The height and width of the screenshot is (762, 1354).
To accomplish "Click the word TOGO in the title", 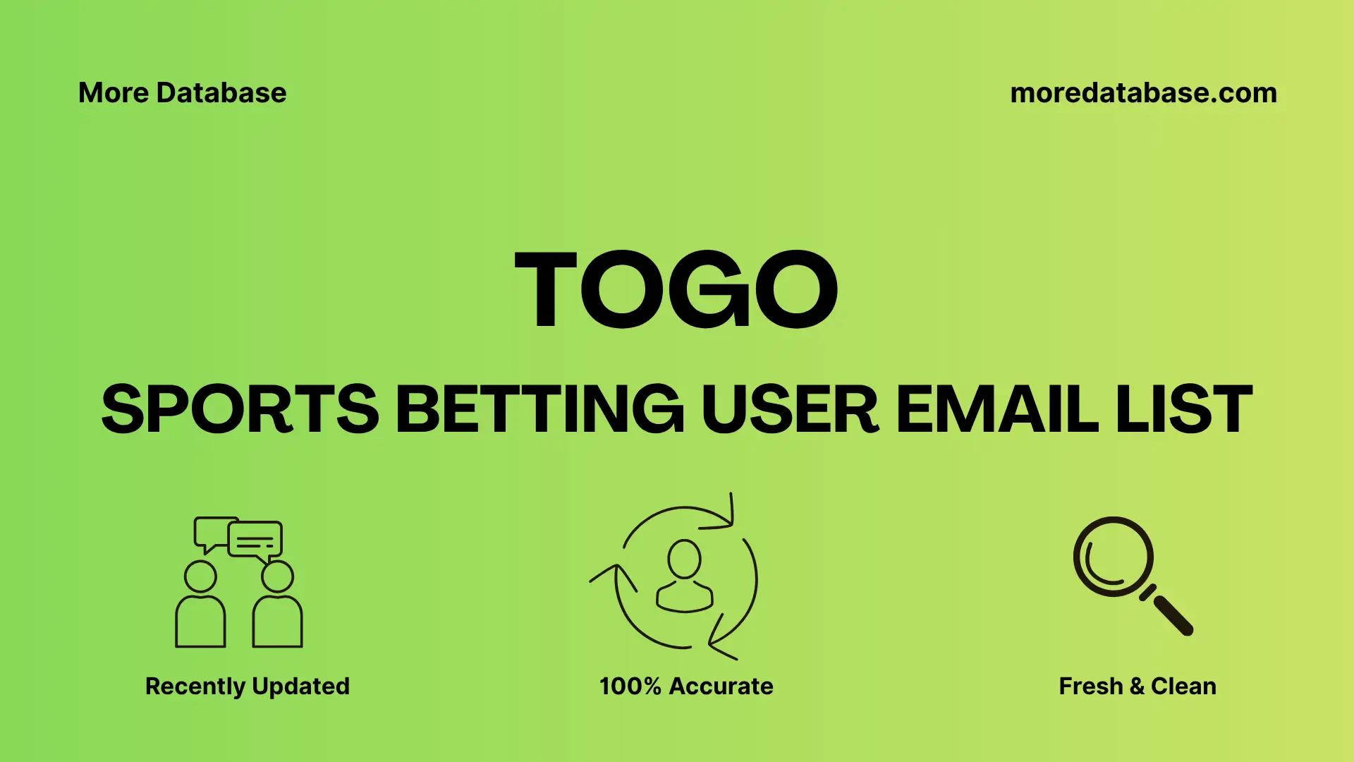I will click(x=676, y=289).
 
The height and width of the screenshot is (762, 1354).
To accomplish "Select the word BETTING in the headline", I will click(x=539, y=409).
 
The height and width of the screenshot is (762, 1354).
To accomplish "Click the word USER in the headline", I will click(x=790, y=409).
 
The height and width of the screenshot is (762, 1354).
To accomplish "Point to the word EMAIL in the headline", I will click(x=996, y=409).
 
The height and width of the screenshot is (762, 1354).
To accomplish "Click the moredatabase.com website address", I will click(x=1143, y=93).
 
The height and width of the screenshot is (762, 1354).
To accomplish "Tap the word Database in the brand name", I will click(x=221, y=93).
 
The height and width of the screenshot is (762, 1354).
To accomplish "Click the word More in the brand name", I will click(x=113, y=93).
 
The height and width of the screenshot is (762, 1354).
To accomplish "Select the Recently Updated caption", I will click(x=247, y=686).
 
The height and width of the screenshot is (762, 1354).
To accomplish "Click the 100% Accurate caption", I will click(x=686, y=686).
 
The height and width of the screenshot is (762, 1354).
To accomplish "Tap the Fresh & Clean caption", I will click(x=1138, y=686).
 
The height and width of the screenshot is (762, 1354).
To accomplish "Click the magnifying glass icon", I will click(x=1114, y=557).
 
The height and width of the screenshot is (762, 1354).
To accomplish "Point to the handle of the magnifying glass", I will click(x=1172, y=615).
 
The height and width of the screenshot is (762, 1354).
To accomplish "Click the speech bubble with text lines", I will click(x=255, y=540).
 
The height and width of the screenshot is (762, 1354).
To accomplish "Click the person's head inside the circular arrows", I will click(x=684, y=559).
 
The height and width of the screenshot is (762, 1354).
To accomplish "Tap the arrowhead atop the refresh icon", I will click(x=726, y=515).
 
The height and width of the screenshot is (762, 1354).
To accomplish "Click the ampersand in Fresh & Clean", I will click(x=1137, y=686).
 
